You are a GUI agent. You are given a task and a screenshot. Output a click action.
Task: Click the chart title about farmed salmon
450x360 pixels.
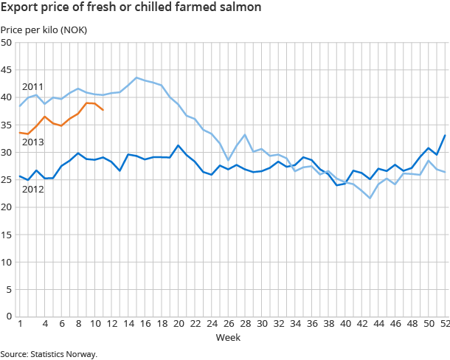pyautogui.click(x=130, y=9)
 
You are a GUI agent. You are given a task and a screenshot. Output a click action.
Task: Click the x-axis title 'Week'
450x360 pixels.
pyautogui.click(x=226, y=338)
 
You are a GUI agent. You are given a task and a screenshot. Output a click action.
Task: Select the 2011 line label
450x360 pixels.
pyautogui.click(x=32, y=86)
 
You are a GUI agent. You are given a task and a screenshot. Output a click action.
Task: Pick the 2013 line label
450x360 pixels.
pyautogui.click(x=32, y=142)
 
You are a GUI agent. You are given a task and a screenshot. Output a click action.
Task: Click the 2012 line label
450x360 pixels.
pyautogui.click(x=32, y=190)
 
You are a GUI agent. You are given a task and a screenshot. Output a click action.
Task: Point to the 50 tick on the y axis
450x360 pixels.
pyautogui.click(x=7, y=43)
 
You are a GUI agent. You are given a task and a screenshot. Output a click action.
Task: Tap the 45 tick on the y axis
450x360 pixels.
pyautogui.click(x=7, y=70)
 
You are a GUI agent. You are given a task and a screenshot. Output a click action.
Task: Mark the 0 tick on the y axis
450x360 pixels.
pyautogui.click(x=9, y=316)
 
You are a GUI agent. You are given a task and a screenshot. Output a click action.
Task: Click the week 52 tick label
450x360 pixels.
pyautogui.click(x=444, y=324)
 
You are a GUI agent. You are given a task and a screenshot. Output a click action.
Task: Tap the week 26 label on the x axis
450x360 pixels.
pyautogui.click(x=228, y=324)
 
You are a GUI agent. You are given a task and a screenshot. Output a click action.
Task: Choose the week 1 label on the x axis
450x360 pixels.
pyautogui.click(x=19, y=324)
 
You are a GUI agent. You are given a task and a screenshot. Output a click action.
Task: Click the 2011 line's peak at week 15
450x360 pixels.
pyautogui.click(x=136, y=77)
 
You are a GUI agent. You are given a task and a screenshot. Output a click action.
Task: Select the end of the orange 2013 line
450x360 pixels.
pyautogui.click(x=103, y=110)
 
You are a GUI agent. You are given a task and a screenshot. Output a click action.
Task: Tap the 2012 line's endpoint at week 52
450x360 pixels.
pyautogui.click(x=445, y=135)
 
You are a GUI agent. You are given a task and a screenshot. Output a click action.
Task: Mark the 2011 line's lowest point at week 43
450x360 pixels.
pyautogui.click(x=370, y=198)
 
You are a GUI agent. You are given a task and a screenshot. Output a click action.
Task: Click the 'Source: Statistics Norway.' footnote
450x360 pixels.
pyautogui.click(x=49, y=354)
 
